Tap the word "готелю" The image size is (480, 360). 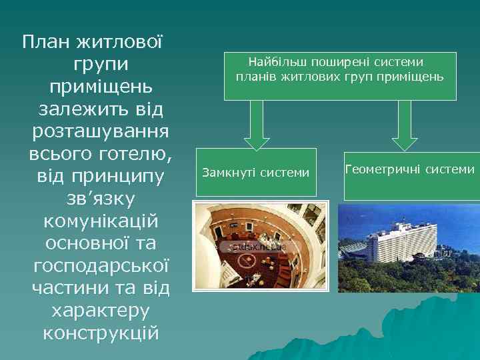click(x=133, y=153)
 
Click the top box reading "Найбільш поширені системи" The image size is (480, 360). click(x=339, y=76)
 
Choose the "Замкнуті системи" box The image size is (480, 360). click(x=255, y=173)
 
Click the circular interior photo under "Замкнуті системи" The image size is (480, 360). click(x=255, y=247)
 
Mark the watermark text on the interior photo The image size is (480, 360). click(x=261, y=247)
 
